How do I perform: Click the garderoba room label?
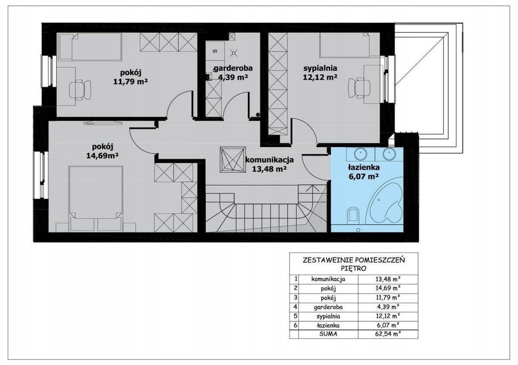pyautogui.click(x=233, y=69)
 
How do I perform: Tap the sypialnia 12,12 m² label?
pyautogui.click(x=320, y=73)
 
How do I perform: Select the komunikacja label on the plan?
pyautogui.click(x=269, y=160)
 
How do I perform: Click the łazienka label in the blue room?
pyautogui.click(x=363, y=167)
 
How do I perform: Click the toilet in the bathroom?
pyautogui.click(x=353, y=215)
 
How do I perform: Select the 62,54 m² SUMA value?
pyautogui.click(x=388, y=334)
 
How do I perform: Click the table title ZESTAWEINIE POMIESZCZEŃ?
pyautogui.click(x=354, y=260)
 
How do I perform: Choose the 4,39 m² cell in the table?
pyautogui.click(x=388, y=306)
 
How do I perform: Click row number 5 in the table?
pyautogui.click(x=295, y=316)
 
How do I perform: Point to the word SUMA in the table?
pyautogui.click(x=328, y=334)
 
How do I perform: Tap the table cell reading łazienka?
pyautogui.click(x=328, y=325)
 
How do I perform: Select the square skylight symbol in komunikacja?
pyautogui.click(x=232, y=159)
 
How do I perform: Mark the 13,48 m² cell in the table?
pyautogui.click(x=388, y=279)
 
